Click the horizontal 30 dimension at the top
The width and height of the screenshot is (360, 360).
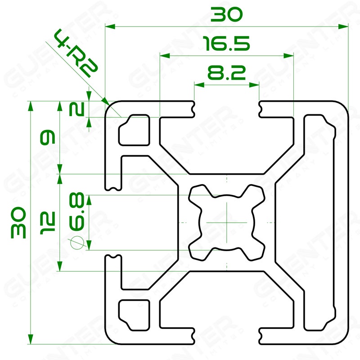click(226, 14)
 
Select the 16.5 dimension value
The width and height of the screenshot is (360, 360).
click(226, 43)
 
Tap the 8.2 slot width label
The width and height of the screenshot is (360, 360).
click(227, 72)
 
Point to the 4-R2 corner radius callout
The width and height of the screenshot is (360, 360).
click(76, 53)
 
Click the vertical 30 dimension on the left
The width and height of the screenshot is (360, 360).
click(18, 222)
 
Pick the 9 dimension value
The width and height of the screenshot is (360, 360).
click(48, 137)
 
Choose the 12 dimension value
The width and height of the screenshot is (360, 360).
click(48, 223)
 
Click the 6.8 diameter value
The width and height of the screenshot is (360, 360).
click(76, 211)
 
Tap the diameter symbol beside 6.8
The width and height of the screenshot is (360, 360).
click(77, 243)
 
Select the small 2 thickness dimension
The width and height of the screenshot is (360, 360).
click(76, 109)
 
